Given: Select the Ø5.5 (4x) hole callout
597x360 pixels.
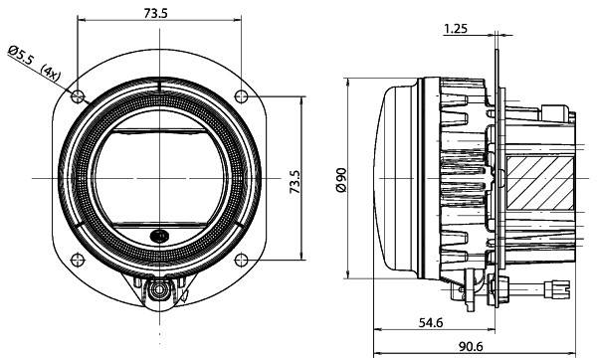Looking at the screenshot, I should coord(36,61).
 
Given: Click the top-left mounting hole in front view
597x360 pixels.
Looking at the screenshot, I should coord(78,95).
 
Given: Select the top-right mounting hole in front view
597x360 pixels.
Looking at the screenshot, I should coord(241,95).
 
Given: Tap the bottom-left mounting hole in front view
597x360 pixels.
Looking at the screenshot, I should coord(78,258).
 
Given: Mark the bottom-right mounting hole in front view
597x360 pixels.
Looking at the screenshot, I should coord(241,258).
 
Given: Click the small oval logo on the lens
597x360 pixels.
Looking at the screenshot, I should coord(159,236).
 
